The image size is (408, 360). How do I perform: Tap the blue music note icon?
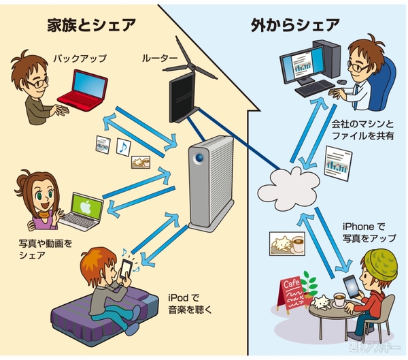tap(122, 146)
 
